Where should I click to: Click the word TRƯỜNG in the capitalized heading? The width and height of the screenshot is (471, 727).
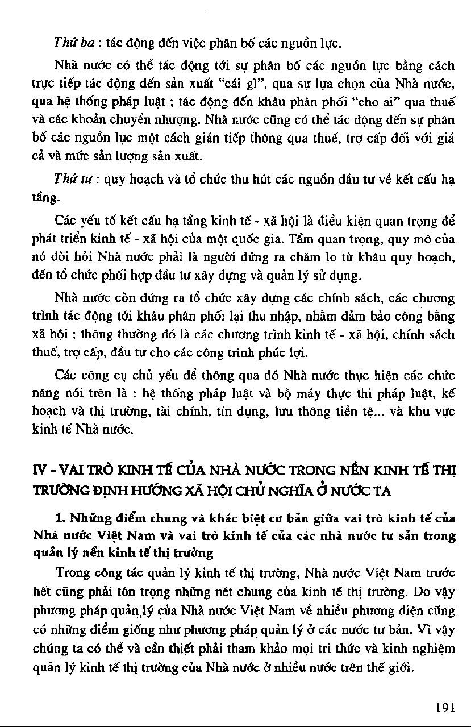pyautogui.click(x=57, y=490)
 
